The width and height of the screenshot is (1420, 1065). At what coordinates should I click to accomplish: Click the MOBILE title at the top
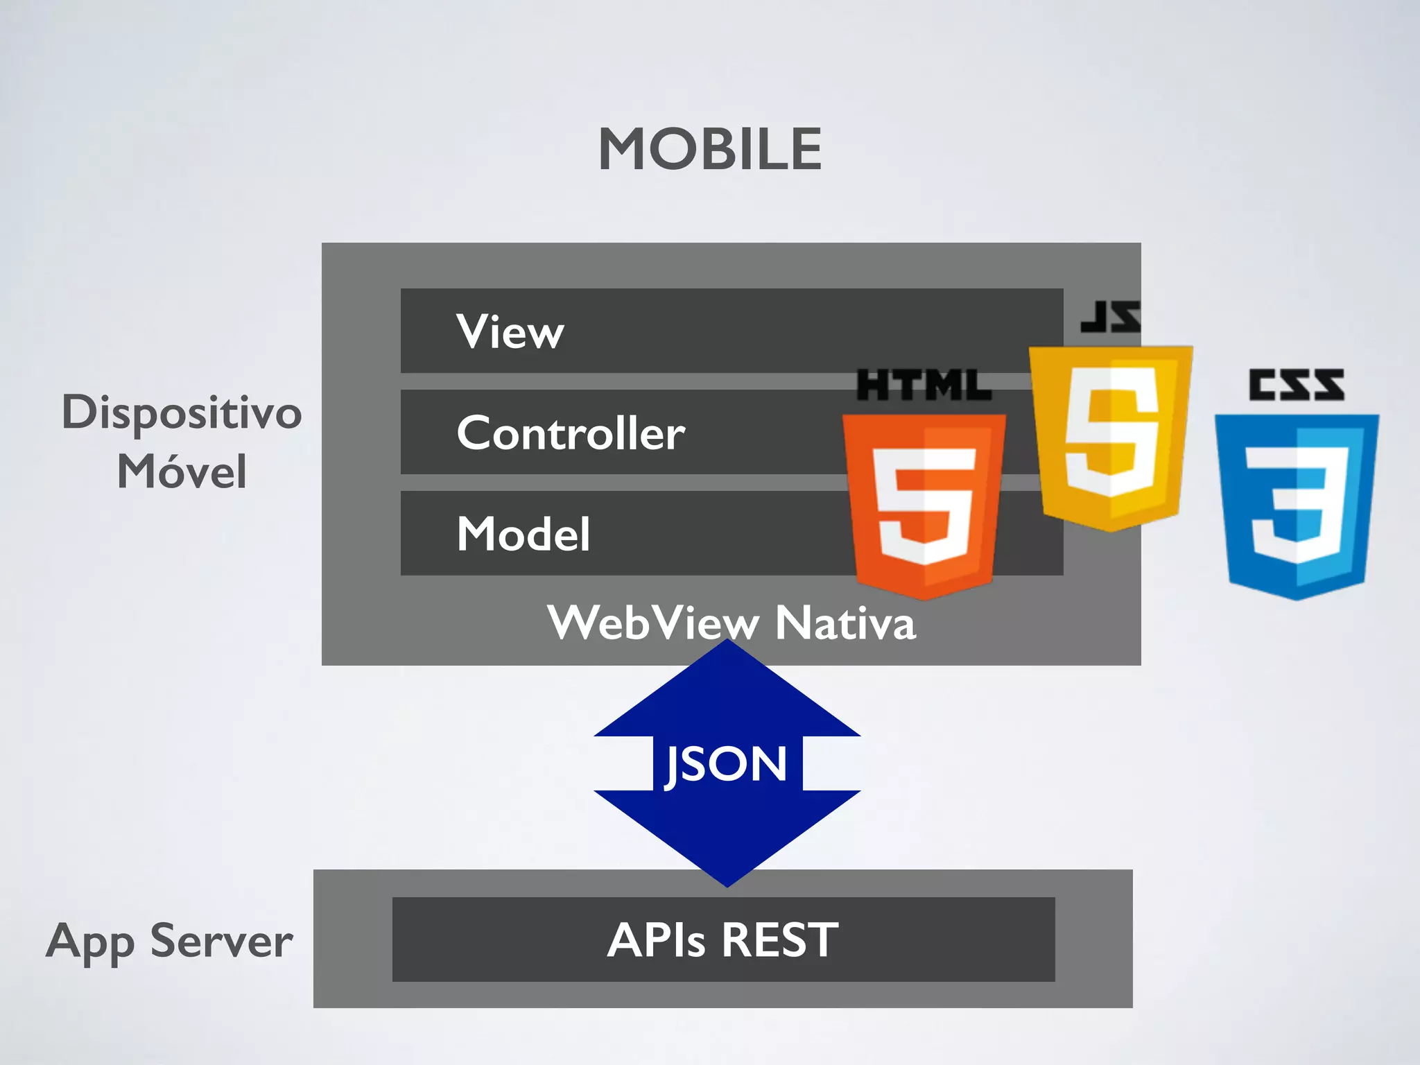[710, 149]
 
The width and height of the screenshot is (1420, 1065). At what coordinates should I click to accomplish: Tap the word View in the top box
[510, 331]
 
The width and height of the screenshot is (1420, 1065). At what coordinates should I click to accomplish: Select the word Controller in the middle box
[571, 433]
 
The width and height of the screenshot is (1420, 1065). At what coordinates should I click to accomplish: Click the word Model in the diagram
[523, 534]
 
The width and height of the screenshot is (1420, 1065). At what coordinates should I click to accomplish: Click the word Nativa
[845, 623]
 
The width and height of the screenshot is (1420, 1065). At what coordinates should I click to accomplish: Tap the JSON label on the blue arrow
[727, 764]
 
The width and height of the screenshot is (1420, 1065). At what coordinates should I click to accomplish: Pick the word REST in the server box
[780, 940]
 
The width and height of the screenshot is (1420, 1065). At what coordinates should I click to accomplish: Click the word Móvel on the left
[182, 471]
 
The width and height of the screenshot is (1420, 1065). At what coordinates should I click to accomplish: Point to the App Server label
[169, 942]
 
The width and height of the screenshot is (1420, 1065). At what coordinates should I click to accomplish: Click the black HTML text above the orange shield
[924, 386]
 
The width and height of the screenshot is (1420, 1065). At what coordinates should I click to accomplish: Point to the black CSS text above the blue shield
[1296, 385]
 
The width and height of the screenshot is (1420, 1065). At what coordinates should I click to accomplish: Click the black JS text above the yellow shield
[1110, 317]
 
